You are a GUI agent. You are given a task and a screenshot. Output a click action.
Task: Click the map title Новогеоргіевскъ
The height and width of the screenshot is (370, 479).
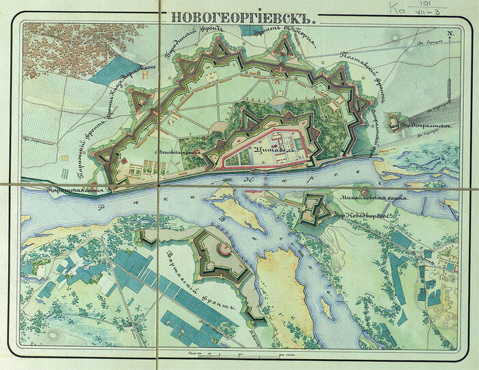click(x=244, y=19)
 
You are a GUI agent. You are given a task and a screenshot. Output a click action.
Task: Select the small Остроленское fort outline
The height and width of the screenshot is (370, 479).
click(x=394, y=122)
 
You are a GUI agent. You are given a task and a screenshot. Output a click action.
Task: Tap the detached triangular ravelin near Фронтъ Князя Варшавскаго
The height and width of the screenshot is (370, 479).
click(x=141, y=102)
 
